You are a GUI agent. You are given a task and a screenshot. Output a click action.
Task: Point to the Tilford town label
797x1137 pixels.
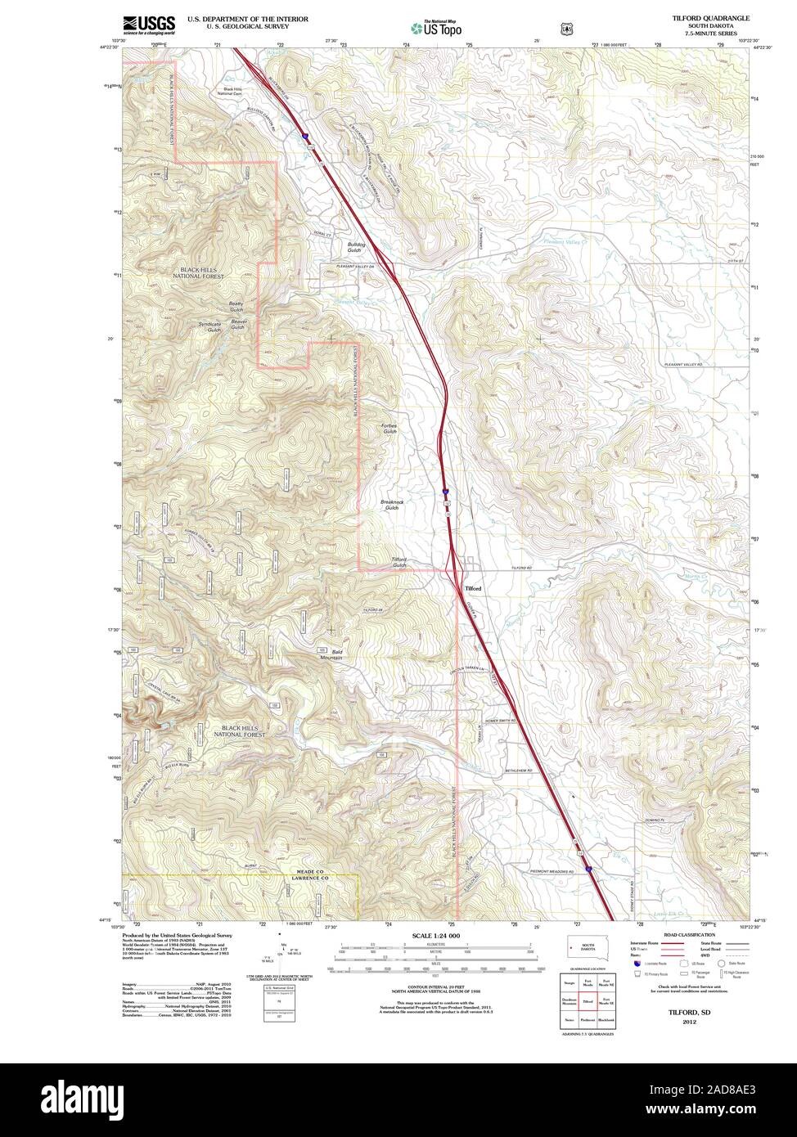click(473, 588)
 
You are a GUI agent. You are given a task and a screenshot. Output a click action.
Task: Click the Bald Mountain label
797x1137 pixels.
click(331, 654)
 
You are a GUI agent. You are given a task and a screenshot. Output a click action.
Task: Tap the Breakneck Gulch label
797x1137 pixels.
click(391, 505)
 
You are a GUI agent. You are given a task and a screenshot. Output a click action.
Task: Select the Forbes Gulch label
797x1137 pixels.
click(389, 428)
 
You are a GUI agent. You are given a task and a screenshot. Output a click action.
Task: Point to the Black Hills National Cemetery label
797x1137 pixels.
click(228, 92)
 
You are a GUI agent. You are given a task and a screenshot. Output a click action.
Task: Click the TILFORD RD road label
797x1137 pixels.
click(522, 567)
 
